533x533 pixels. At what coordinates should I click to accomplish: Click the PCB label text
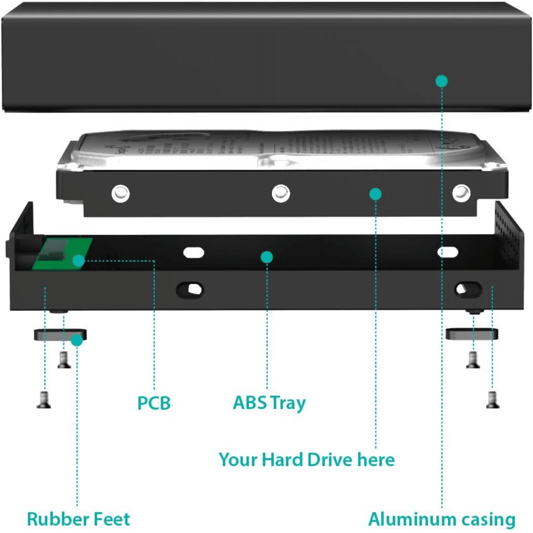pos(154,403)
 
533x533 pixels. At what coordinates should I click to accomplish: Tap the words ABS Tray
pos(269,403)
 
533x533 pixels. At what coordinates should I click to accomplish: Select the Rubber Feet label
pos(78,519)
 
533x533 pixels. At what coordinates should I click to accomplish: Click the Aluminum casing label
pos(442,519)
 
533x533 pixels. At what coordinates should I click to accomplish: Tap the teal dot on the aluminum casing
pos(442,80)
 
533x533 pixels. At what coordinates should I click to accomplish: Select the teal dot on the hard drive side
pos(376,194)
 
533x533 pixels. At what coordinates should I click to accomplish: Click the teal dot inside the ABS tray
pos(267,257)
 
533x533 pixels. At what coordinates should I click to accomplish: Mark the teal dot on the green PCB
pos(78,260)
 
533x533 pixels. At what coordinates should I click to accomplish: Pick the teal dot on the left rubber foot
pos(76,340)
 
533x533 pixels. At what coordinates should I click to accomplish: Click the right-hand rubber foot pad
pos(472,334)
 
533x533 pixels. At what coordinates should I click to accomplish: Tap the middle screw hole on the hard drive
pos(280,193)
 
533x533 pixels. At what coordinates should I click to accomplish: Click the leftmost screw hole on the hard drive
pos(120,193)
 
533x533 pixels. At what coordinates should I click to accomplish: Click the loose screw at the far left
pos(43,400)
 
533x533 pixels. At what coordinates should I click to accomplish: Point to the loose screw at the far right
pos(492,400)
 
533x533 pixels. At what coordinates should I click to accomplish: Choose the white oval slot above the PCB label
pos(193,252)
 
